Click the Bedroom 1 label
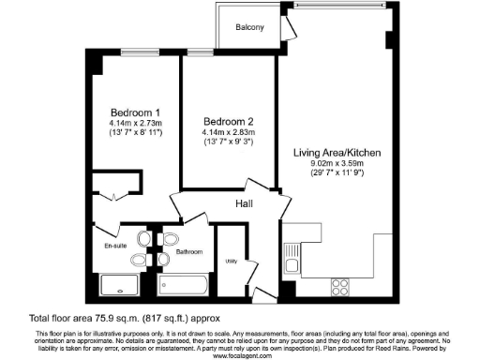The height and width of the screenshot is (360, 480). (131, 112)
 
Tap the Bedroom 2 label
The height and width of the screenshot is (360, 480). (229, 121)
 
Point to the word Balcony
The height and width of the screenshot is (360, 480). (249, 27)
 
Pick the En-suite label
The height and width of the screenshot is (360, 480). (115, 246)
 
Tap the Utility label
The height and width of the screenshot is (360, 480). (230, 262)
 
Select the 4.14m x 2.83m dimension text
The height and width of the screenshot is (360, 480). (229, 132)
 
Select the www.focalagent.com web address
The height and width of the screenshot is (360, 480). (239, 354)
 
